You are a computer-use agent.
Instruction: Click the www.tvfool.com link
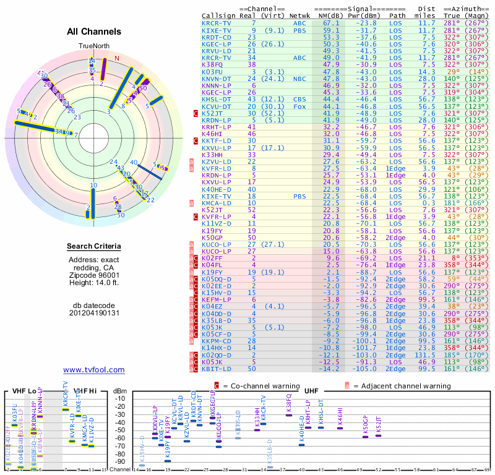(93, 370)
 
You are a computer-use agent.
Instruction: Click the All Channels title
(93, 31)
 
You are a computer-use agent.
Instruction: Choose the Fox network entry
(301, 106)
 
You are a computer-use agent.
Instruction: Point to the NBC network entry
(301, 79)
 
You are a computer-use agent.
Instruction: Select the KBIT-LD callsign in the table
(215, 369)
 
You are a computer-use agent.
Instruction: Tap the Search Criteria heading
(93, 247)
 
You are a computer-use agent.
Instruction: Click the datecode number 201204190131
(93, 312)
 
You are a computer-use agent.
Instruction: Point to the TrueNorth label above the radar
(93, 46)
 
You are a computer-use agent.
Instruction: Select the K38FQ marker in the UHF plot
(288, 414)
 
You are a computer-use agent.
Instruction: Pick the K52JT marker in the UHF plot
(379, 435)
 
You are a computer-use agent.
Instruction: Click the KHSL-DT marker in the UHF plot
(321, 427)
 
